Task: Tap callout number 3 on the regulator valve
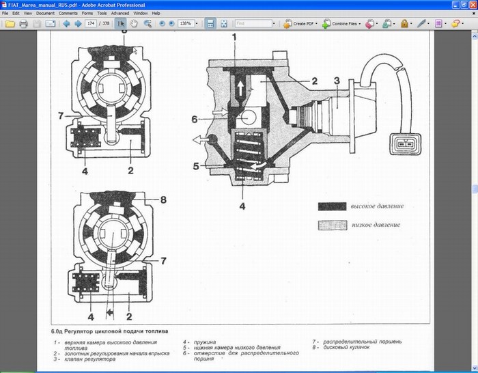pos(337,82)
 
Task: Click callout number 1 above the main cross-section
pos(234,38)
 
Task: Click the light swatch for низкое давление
pos(333,225)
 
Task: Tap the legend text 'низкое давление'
pos(376,225)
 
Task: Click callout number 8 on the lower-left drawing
pos(163,200)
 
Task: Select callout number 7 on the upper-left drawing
pos(60,114)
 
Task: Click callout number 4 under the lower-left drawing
pos(90,316)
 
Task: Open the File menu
pos(7,13)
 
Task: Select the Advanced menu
pos(120,13)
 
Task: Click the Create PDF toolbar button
pos(300,24)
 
